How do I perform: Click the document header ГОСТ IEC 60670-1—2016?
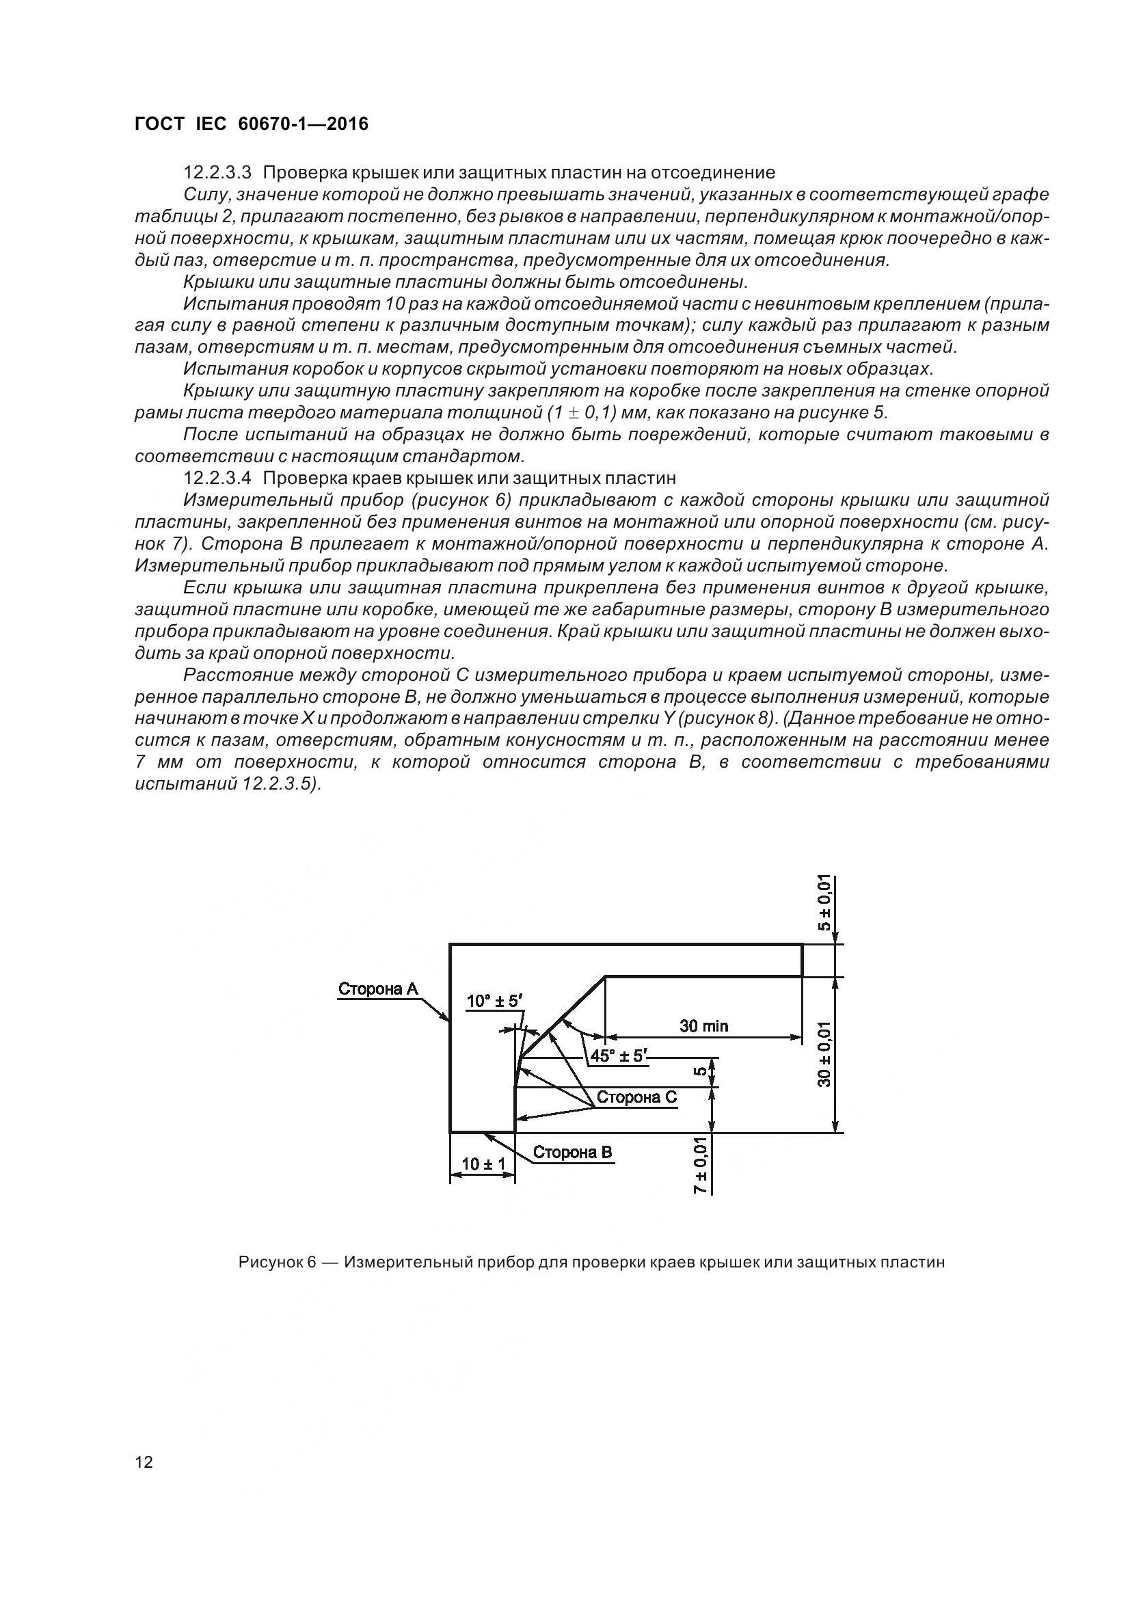(252, 124)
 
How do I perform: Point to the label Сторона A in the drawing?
(378, 989)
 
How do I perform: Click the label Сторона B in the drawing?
(572, 1152)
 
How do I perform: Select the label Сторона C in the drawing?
(636, 1097)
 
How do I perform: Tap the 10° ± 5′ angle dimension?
(494, 1002)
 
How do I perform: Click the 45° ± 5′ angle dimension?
(618, 1056)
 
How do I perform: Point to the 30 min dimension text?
(704, 1025)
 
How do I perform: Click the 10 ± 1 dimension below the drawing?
(483, 1164)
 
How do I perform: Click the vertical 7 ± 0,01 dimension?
(701, 1165)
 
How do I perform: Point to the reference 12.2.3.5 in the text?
(277, 783)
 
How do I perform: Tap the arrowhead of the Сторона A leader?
(447, 1019)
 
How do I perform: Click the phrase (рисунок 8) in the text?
(730, 718)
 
